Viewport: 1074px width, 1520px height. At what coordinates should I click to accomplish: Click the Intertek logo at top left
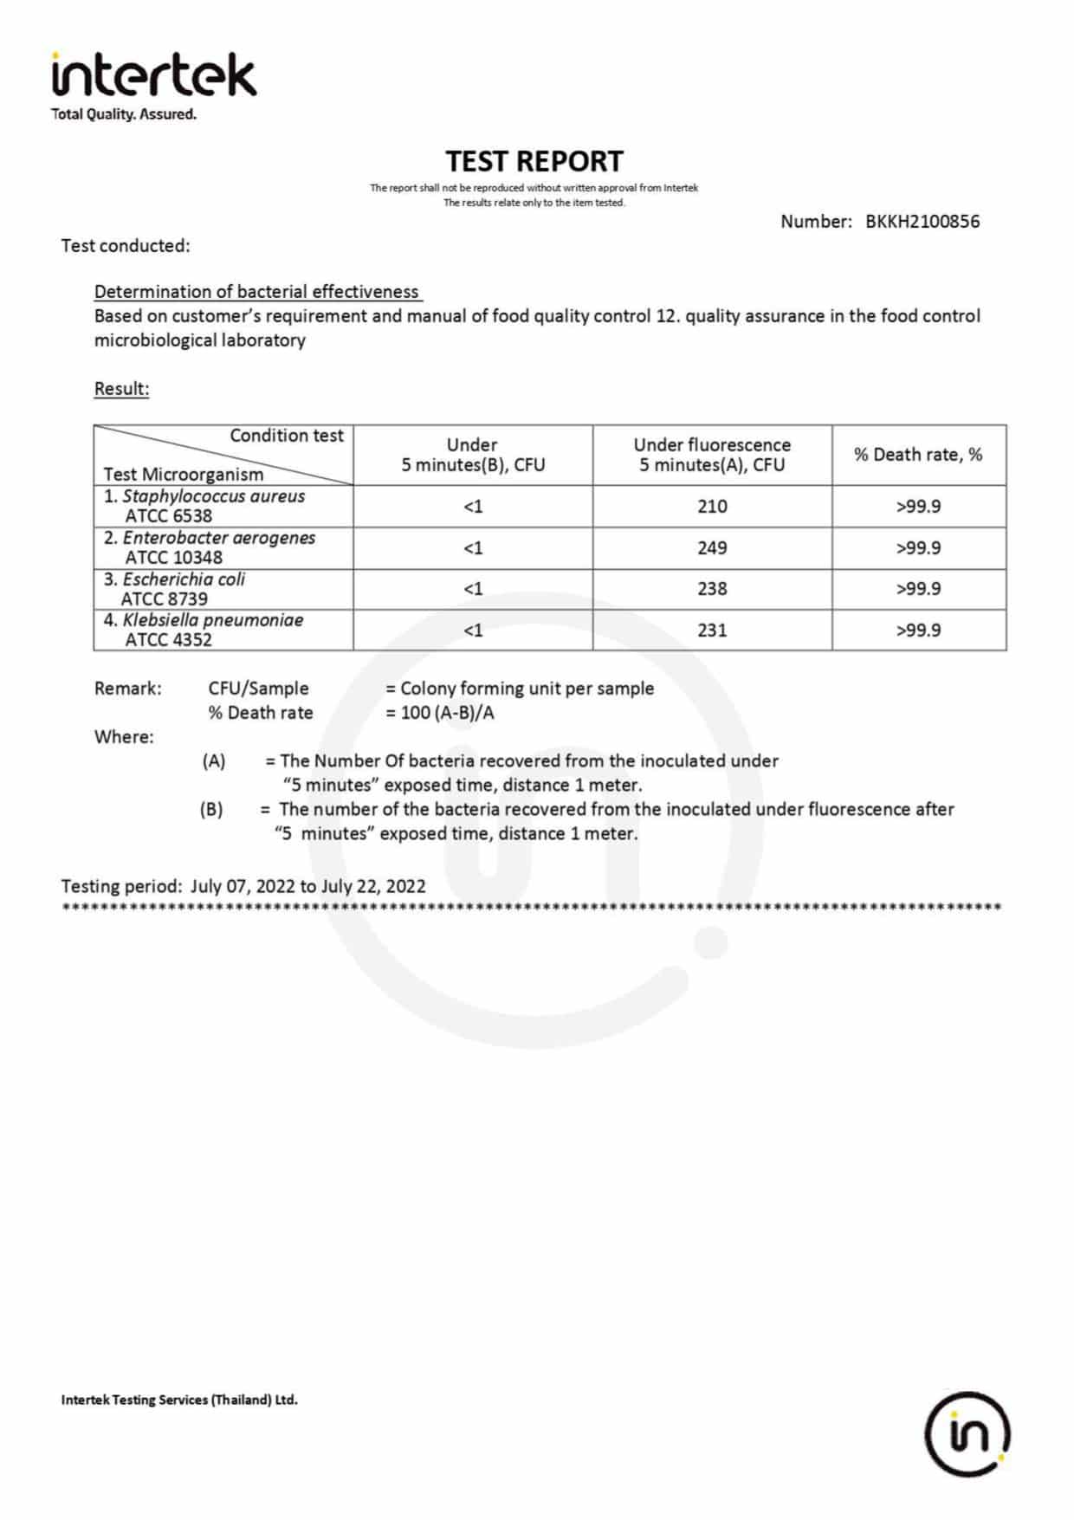153,75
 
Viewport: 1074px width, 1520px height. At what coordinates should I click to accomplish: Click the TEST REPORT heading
534,161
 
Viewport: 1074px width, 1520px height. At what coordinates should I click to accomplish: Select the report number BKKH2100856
922,221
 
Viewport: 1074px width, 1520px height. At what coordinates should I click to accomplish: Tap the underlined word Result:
121,388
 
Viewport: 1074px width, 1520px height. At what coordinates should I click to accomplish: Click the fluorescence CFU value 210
712,506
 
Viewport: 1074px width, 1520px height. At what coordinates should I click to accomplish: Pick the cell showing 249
712,547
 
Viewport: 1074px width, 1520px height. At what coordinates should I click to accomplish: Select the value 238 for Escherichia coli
712,589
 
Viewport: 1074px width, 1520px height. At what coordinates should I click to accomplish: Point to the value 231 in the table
712,630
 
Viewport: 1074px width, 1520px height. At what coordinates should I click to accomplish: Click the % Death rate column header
918,455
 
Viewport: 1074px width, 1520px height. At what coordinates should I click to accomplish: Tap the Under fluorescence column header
712,455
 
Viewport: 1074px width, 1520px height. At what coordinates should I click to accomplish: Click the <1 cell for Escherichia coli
473,589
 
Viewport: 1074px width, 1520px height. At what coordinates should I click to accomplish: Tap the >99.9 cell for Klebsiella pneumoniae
918,630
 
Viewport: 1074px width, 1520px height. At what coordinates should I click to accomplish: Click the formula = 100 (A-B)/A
440,713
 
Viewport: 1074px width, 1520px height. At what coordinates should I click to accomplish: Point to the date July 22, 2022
373,886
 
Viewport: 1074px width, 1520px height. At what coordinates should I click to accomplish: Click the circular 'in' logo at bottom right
967,1433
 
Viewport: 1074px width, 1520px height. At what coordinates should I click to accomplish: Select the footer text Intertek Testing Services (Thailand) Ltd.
179,1400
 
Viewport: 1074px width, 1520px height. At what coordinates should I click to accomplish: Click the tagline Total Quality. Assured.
124,114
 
